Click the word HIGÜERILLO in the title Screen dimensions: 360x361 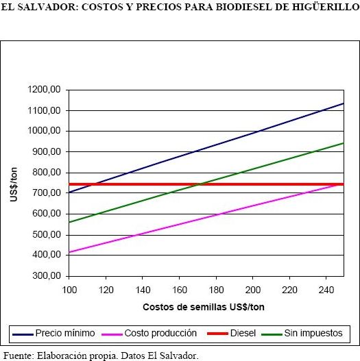[x=326, y=7]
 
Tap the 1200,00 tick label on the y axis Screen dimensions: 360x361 [x=44, y=89]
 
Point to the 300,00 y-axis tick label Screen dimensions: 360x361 [x=47, y=275]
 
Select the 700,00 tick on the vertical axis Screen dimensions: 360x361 [x=47, y=192]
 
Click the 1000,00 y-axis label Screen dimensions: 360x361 [x=44, y=131]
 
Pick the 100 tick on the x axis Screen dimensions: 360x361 [x=69, y=290]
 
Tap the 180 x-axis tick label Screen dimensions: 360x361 [x=216, y=290]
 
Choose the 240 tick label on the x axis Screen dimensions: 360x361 [x=326, y=290]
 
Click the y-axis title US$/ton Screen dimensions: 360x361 [x=14, y=185]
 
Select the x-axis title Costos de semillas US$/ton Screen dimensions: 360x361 [x=204, y=307]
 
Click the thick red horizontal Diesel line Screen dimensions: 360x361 [x=206, y=184]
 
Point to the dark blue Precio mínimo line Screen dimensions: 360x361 [x=206, y=148]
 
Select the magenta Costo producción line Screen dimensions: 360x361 [x=206, y=219]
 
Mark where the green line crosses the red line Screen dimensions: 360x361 [x=200, y=184]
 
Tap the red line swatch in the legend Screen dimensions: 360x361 [x=217, y=334]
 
